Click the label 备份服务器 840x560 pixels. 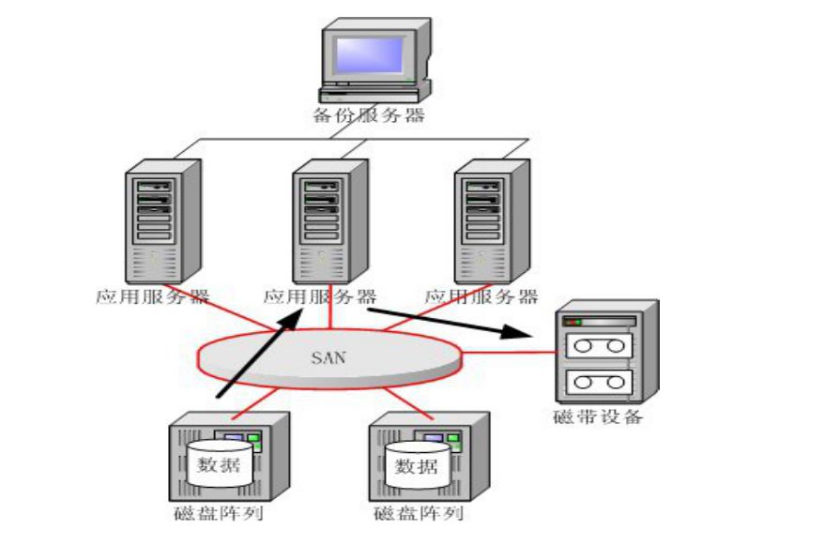(369, 115)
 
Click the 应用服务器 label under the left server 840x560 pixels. (151, 296)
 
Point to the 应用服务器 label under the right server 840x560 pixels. (482, 296)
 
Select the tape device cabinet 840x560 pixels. (604, 353)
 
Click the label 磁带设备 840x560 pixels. (598, 416)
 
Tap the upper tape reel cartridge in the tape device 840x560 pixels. (598, 345)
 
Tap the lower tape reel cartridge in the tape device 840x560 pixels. (598, 383)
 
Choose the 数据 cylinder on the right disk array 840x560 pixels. (416, 464)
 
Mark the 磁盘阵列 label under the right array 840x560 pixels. (418, 513)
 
